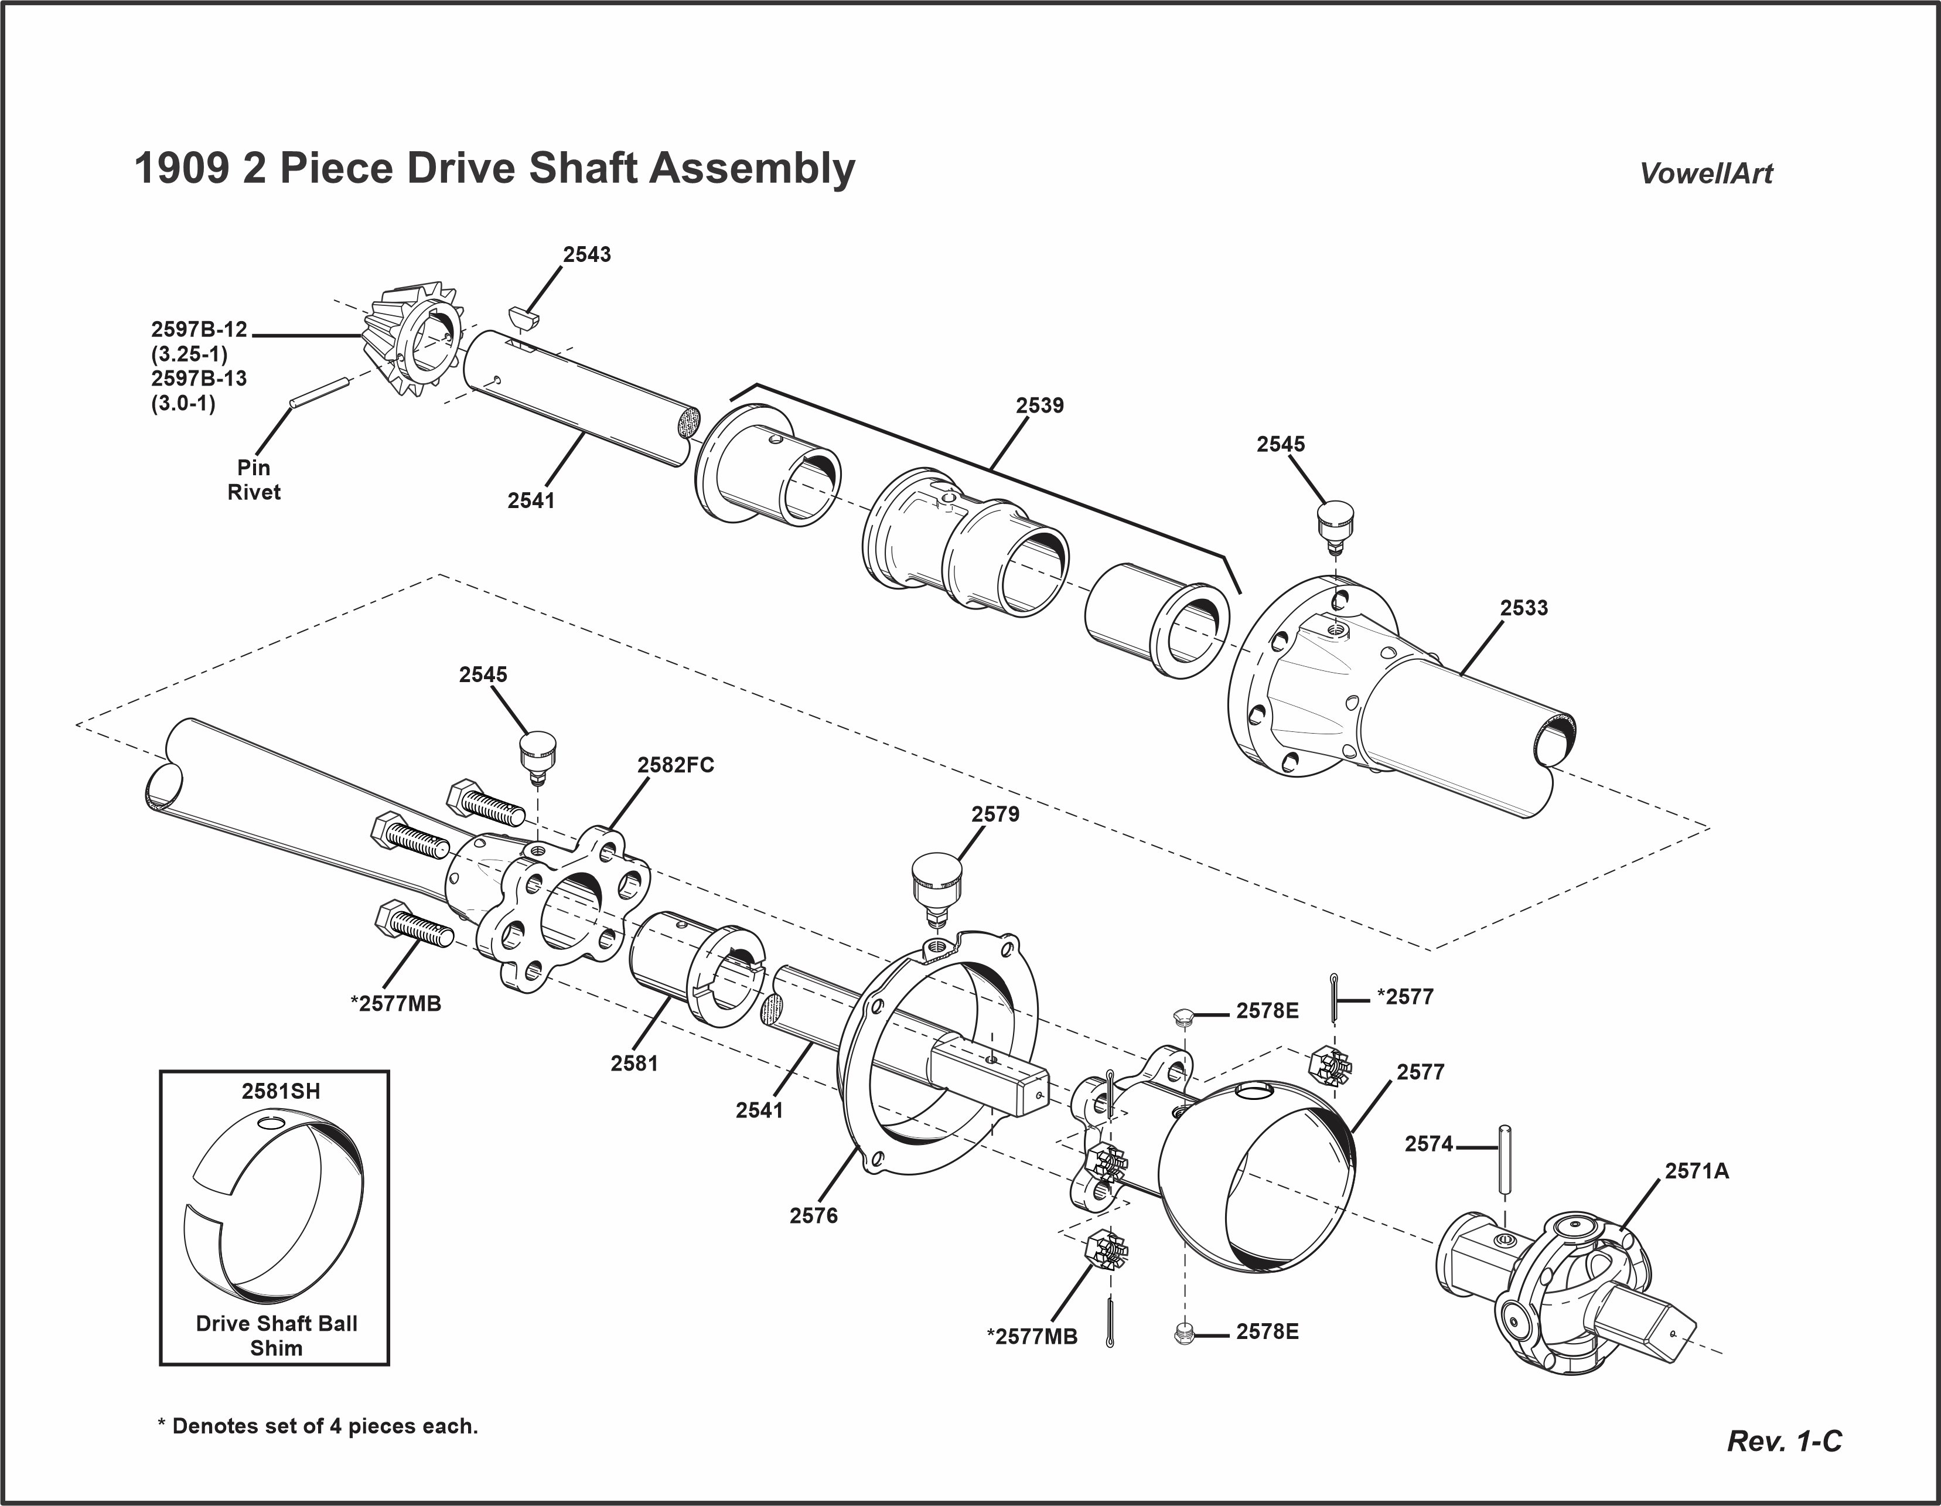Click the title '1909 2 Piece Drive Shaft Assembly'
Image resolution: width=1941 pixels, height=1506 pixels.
[x=494, y=168]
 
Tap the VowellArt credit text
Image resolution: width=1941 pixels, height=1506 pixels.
[x=1705, y=173]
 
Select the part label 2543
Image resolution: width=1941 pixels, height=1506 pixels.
[x=586, y=254]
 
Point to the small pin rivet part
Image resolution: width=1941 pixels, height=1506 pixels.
[x=318, y=393]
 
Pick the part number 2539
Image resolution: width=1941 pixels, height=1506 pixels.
[x=1040, y=406]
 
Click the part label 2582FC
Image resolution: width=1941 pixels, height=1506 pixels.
[x=676, y=765]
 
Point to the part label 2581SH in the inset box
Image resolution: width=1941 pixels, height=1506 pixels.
[x=281, y=1092]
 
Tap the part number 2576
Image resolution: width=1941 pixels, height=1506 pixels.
[x=813, y=1215]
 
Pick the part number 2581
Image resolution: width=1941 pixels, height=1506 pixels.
[x=634, y=1062]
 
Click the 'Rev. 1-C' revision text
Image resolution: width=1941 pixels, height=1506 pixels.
[x=1784, y=1441]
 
